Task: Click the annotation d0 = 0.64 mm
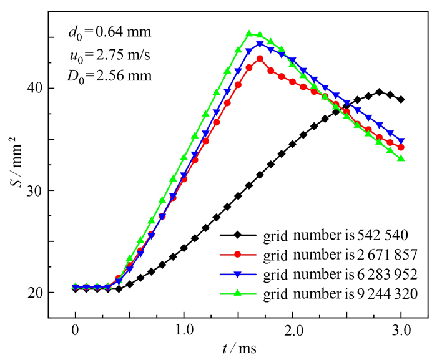tap(109, 31)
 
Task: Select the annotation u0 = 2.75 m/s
tap(110, 54)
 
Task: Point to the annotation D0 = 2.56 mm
tap(110, 77)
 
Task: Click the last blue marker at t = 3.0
tap(401, 141)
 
